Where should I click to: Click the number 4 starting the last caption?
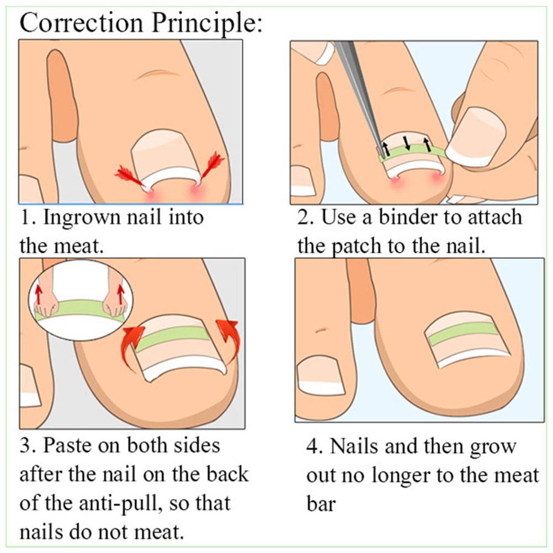(x=312, y=446)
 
